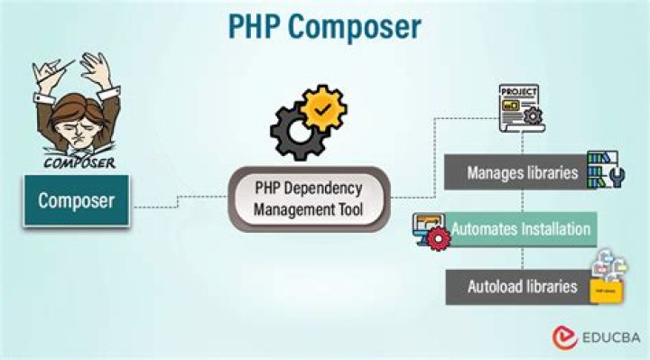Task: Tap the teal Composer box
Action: pyautogui.click(x=76, y=199)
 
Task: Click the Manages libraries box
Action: pyautogui.click(x=522, y=171)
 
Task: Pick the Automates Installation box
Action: pyautogui.click(x=521, y=228)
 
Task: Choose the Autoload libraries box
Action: pyautogui.click(x=521, y=286)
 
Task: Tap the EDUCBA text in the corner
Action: pyautogui.click(x=609, y=337)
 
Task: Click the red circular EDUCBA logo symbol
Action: pyautogui.click(x=565, y=337)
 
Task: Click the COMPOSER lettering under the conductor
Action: pyautogui.click(x=79, y=163)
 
